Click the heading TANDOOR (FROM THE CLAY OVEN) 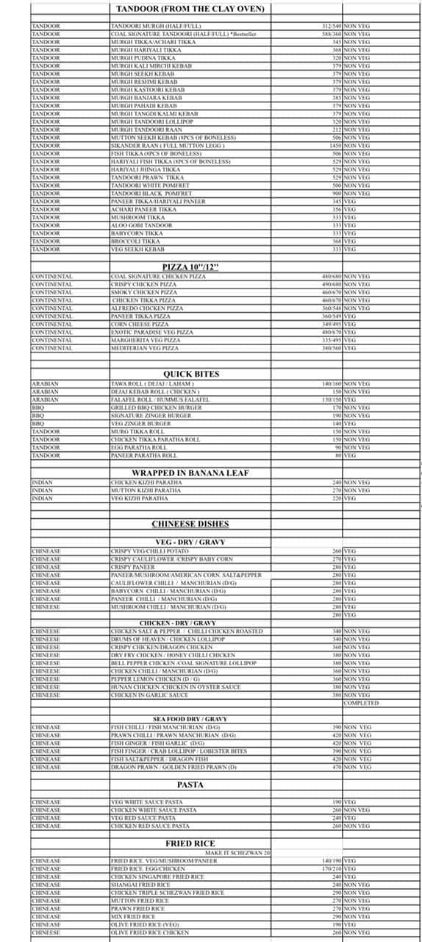click(190, 10)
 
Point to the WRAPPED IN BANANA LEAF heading click(190, 472)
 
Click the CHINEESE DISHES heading click(190, 524)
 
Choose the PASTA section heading click(190, 785)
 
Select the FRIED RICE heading click(190, 843)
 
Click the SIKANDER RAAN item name click(168, 146)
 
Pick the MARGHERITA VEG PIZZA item click(145, 341)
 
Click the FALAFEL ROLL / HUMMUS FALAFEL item click(160, 400)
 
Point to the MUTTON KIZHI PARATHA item click(146, 490)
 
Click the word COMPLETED click(361, 703)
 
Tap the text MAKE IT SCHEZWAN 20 click(237, 852)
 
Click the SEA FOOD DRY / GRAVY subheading click(190, 719)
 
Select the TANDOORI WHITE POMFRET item click(150, 185)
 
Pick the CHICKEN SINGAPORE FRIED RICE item click(157, 877)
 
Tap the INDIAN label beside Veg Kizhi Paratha click(43, 498)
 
